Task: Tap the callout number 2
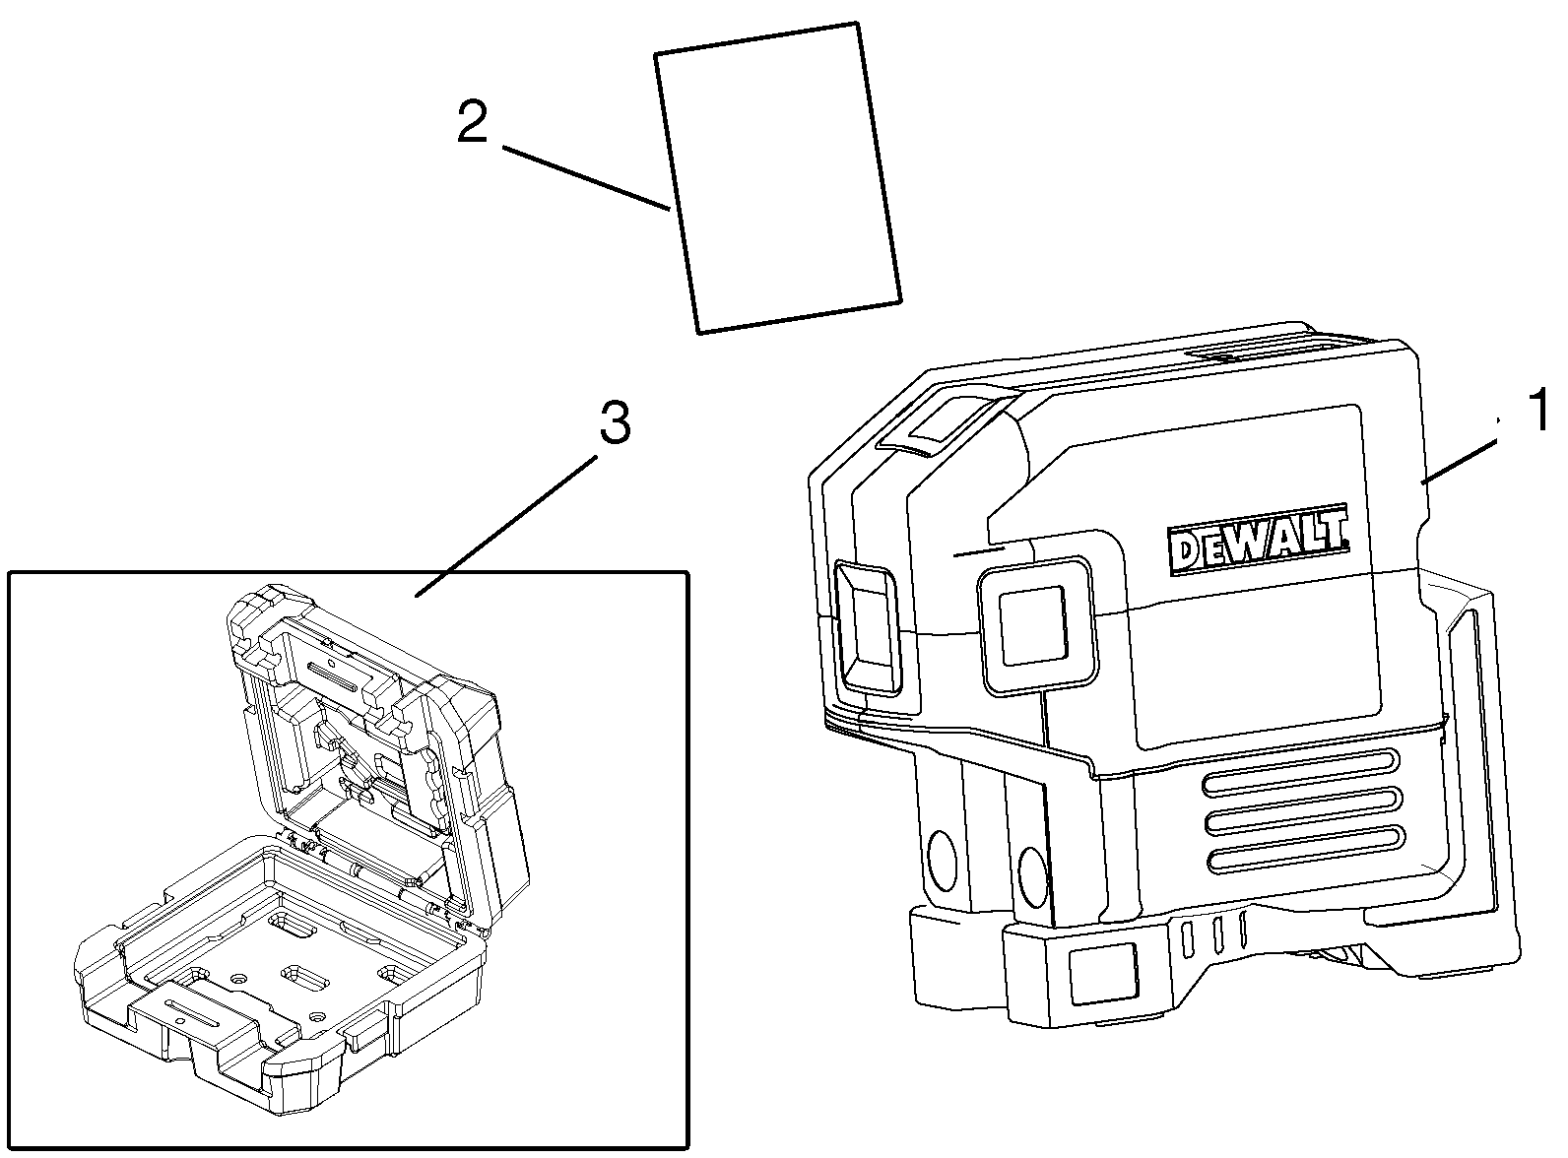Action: point(473,121)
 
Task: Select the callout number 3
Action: point(615,422)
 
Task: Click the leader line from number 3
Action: point(507,526)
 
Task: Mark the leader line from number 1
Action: point(1459,461)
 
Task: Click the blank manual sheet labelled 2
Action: point(778,177)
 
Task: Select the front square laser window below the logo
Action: point(1038,625)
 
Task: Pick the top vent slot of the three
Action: point(1300,770)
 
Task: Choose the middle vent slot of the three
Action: point(1302,808)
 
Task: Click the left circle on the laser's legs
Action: point(940,859)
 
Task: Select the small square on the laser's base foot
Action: point(1102,974)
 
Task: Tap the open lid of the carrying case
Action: point(378,749)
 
